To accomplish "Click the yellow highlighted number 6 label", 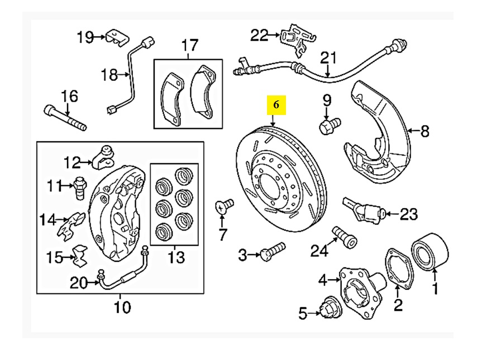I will pos(276,104).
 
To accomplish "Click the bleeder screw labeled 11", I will pos(78,186).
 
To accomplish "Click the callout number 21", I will pos(328,58).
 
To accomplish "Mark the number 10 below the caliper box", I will pos(122,306).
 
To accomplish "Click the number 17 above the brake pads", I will pos(190,45).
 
